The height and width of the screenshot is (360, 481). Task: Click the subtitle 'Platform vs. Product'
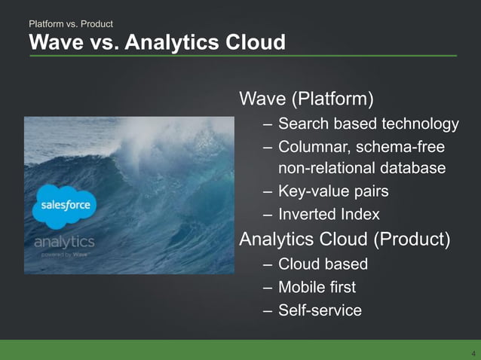[x=70, y=25]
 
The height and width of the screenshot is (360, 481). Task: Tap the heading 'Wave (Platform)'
[x=306, y=99]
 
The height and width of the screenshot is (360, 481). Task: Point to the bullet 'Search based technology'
[x=368, y=124]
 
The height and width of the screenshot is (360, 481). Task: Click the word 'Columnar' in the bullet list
[x=311, y=146]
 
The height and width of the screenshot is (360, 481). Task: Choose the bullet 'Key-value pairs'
[x=333, y=191]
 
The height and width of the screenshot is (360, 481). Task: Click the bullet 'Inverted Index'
[x=329, y=215]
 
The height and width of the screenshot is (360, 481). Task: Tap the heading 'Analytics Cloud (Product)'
[x=345, y=240]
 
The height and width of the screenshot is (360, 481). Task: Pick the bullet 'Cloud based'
[x=323, y=264]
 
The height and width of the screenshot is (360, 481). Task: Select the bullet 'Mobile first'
[x=317, y=287]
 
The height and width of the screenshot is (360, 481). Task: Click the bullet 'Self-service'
[x=320, y=310]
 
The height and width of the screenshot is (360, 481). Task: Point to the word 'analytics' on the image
[x=64, y=242]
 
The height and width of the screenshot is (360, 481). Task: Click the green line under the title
[x=242, y=56]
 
